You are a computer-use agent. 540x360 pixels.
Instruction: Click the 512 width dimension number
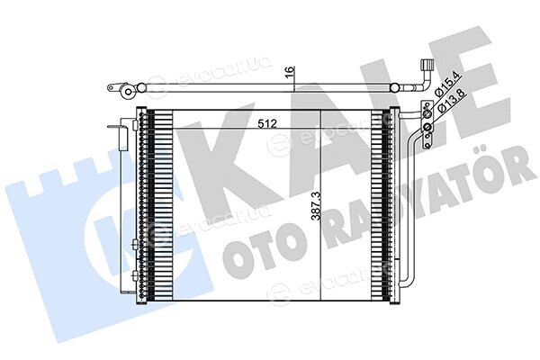(267, 123)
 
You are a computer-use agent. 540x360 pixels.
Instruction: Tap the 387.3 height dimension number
(316, 206)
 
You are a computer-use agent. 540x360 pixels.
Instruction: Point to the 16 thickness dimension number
(291, 70)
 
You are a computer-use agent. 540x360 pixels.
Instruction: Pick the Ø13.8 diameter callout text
(451, 100)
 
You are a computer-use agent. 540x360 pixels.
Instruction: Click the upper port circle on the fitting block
(427, 114)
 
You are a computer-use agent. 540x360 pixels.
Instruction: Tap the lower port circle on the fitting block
(427, 128)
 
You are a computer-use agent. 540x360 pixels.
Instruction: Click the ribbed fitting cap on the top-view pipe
(426, 65)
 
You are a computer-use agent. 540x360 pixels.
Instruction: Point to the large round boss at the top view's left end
(129, 92)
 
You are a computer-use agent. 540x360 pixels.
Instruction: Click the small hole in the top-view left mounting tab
(111, 88)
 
